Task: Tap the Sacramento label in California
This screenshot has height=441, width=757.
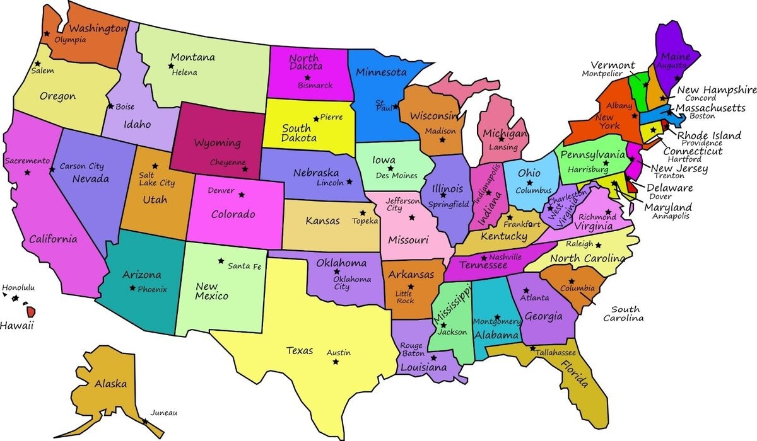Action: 27,161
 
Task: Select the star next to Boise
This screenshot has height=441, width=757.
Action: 111,106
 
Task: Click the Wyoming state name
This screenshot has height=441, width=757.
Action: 217,143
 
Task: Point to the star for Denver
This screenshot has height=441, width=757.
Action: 240,194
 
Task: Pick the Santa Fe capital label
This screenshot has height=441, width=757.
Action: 244,266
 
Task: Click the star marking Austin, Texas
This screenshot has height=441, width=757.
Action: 335,362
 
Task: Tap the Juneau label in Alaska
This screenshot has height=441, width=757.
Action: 164,413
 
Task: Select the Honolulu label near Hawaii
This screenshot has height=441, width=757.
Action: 18,288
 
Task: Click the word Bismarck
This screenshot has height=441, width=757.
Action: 315,85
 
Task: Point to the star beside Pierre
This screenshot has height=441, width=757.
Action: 316,118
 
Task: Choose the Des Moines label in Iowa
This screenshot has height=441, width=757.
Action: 396,176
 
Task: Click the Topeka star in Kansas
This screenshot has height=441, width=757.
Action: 363,213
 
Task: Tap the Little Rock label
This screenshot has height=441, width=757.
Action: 405,297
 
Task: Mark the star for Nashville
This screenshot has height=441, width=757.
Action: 484,258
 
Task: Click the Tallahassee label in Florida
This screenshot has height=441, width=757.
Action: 556,352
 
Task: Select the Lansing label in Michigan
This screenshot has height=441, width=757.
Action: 503,147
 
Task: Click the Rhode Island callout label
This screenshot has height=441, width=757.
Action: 709,135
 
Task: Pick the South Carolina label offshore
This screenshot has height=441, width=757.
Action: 624,314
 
